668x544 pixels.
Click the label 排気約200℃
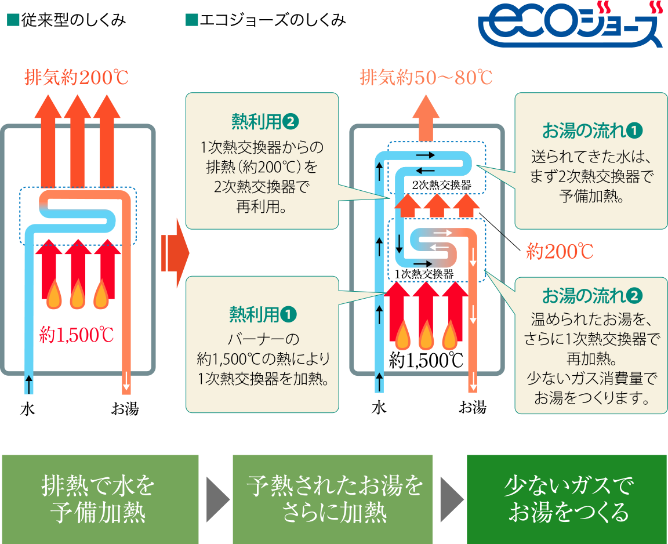[76, 78]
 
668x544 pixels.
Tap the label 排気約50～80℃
[426, 77]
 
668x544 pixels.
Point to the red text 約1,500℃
[76, 335]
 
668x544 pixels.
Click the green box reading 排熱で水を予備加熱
[100, 499]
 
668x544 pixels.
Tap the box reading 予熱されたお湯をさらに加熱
[333, 499]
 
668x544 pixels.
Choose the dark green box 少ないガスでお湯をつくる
[567, 499]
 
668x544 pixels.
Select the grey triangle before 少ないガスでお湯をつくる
[451, 499]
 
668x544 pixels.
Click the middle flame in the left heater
[78, 296]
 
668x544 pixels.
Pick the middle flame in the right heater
[427, 336]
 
